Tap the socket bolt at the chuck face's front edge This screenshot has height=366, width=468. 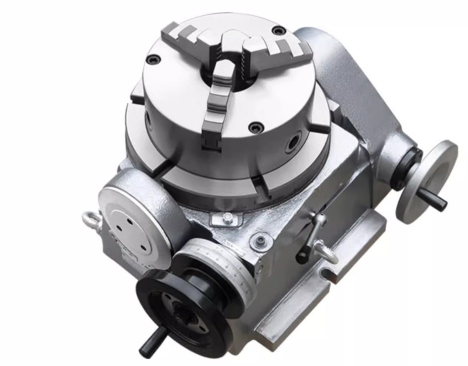pos(255,126)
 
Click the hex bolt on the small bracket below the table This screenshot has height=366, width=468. pos(227,217)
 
